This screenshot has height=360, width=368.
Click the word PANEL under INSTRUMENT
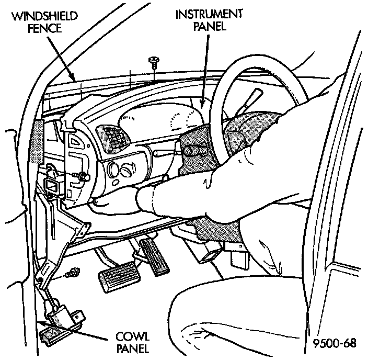tap(202, 26)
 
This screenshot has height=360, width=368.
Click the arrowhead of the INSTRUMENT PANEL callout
tap(200, 107)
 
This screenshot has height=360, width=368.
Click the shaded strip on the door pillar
tap(36, 141)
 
